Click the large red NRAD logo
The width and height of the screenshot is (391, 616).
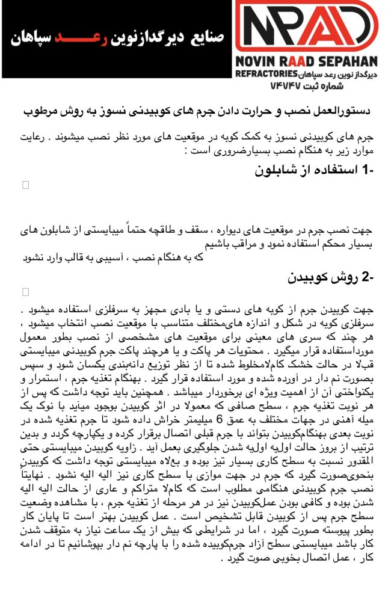tap(306, 27)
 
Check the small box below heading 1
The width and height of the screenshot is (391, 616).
tap(25, 185)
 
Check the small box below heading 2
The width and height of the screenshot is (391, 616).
tap(25, 292)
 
